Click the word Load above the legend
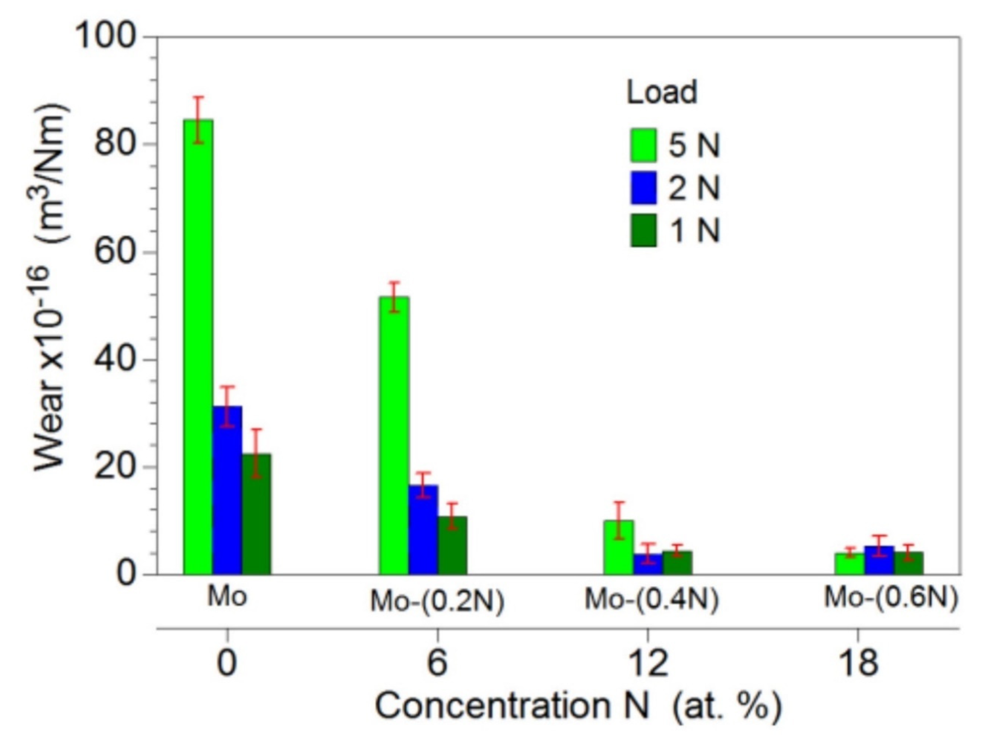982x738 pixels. (661, 93)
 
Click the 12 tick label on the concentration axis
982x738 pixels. (648, 663)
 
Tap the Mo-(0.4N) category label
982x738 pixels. (651, 600)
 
